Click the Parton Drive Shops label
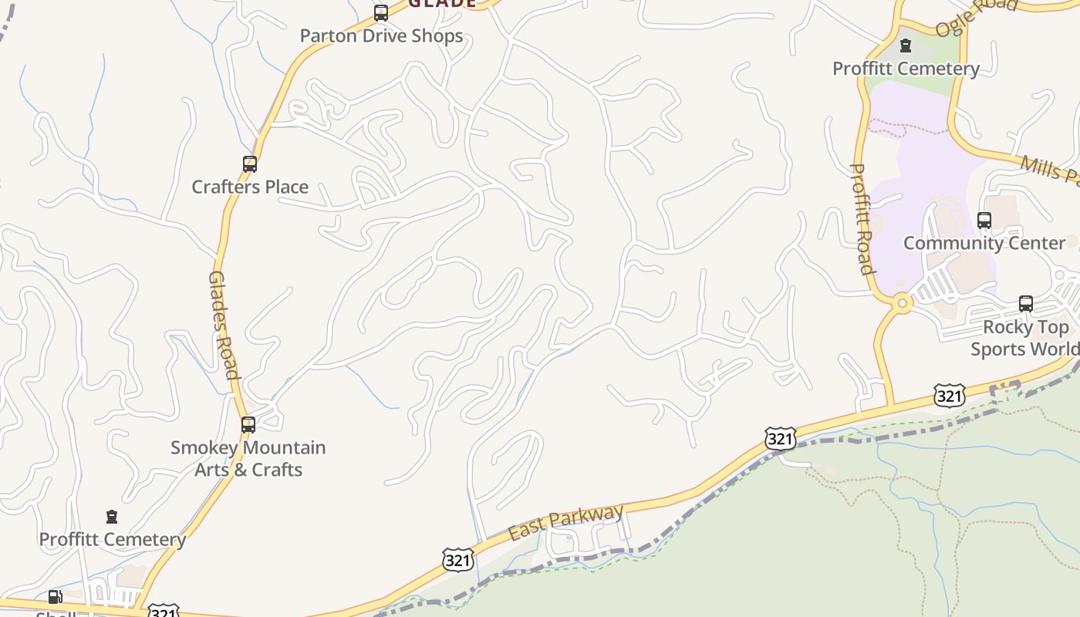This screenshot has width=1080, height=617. tap(381, 35)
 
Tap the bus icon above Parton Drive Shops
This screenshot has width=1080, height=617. tap(381, 12)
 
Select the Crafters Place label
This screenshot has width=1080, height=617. tap(250, 187)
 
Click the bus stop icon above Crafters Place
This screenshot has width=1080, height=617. tap(250, 164)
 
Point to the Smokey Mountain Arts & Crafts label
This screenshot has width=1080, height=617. tap(248, 458)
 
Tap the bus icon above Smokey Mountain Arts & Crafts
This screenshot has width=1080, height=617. tap(248, 424)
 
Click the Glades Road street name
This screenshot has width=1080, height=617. tap(222, 325)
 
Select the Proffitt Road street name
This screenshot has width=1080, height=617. tap(862, 219)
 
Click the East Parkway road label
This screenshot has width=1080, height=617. tap(566, 522)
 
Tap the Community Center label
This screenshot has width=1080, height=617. tap(984, 243)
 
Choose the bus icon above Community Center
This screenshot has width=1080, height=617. tap(984, 221)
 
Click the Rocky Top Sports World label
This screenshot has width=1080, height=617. tap(1024, 338)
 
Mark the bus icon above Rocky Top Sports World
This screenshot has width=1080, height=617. tap(1026, 304)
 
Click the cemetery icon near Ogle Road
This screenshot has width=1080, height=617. tap(906, 46)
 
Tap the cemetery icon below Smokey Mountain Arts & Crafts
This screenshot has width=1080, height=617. tap(112, 517)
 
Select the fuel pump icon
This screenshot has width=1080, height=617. tap(55, 596)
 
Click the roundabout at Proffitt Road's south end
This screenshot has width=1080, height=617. tap(901, 304)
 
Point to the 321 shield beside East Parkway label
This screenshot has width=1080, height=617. tap(458, 560)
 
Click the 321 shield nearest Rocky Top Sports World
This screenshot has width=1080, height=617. tap(949, 396)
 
